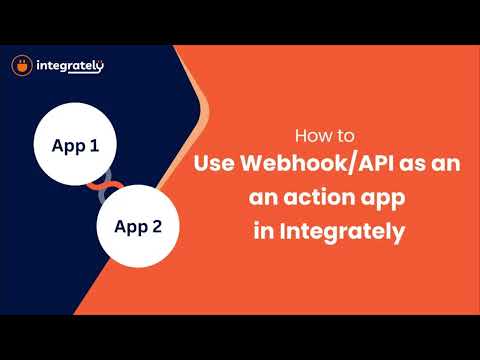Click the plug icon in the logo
pyautogui.click(x=22, y=66)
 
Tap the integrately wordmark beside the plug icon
pyautogui.click(x=70, y=66)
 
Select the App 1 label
pyautogui.click(x=75, y=146)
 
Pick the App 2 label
pyautogui.click(x=138, y=227)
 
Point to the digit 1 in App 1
pyautogui.click(x=94, y=145)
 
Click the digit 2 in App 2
pyautogui.click(x=157, y=226)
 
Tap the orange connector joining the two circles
pyautogui.click(x=104, y=186)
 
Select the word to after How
pyautogui.click(x=345, y=136)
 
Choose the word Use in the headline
pyautogui.click(x=214, y=163)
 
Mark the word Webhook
pyautogui.click(x=294, y=163)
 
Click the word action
pyautogui.click(x=319, y=197)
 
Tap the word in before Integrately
pyautogui.click(x=264, y=230)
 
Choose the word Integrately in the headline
pyautogui.click(x=342, y=232)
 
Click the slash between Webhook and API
pyautogui.click(x=352, y=164)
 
